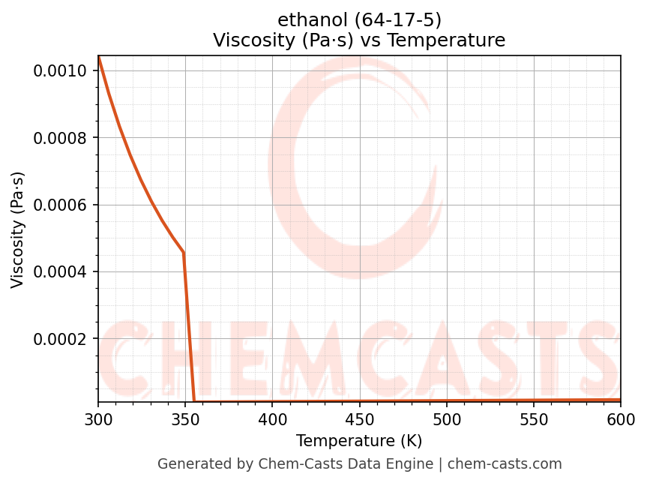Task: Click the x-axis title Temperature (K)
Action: click(359, 441)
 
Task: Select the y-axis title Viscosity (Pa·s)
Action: click(18, 229)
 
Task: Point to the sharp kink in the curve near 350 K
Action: click(184, 253)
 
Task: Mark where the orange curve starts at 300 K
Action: click(98, 57)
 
